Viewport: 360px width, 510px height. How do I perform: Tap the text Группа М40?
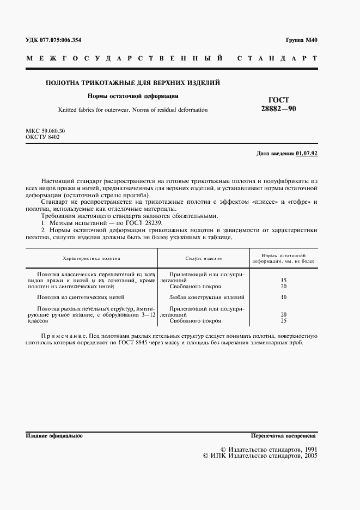coord(301,40)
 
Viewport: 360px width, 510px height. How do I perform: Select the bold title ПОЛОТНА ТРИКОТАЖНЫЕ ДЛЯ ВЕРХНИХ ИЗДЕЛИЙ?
coord(132,83)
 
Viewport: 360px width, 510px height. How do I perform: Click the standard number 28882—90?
coord(279,109)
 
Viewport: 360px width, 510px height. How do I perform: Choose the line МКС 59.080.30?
coord(46,132)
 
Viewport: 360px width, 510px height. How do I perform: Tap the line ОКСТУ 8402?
coord(42,138)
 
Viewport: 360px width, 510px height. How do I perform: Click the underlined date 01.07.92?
coord(307,154)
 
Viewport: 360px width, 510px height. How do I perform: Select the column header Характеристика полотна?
coord(91,258)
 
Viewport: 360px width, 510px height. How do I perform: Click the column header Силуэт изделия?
coord(203,258)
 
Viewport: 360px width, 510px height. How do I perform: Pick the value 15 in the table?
coord(283,280)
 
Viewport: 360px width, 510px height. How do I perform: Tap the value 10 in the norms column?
coord(283,297)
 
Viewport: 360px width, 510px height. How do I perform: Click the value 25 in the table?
coord(283,321)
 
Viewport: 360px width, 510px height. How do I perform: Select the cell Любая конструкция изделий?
coord(207,297)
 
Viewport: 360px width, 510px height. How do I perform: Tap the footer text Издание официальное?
coord(54,436)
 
